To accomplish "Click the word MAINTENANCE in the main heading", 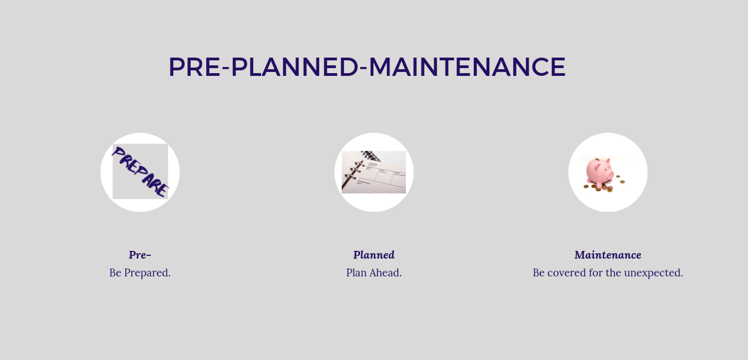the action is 467,66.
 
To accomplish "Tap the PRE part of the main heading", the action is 194,66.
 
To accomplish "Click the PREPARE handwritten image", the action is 140,172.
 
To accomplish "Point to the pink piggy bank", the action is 600,172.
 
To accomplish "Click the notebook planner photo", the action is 373,172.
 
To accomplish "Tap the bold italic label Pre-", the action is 140,255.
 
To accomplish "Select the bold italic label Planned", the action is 374,255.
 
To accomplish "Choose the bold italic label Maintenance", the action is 608,255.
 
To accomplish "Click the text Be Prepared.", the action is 140,272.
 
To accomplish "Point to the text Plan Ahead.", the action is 374,272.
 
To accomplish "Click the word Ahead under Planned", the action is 386,272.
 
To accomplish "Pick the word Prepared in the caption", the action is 147,273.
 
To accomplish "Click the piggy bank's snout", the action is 611,174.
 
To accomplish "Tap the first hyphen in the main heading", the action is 226,68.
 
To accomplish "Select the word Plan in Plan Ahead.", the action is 356,272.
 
